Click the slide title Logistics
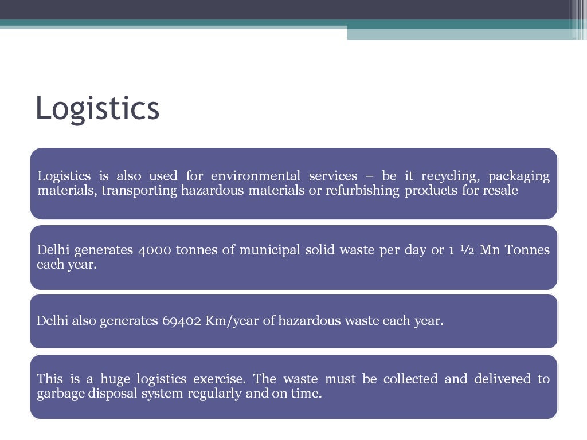(x=97, y=108)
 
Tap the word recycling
(x=445, y=176)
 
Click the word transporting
(x=139, y=190)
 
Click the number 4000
(x=155, y=250)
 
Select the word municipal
(x=269, y=250)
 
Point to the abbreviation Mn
(x=489, y=250)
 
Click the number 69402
(x=181, y=320)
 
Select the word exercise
(x=220, y=379)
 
